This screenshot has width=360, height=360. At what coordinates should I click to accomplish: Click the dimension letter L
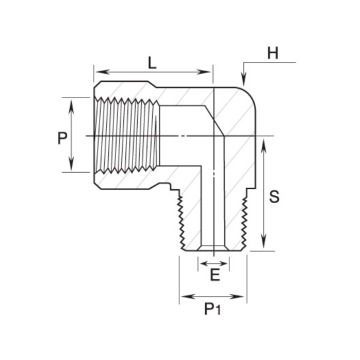pyautogui.click(x=152, y=63)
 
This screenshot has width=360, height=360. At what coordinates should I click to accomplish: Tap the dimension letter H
pyautogui.click(x=272, y=53)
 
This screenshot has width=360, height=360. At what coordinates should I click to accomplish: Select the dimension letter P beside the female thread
pyautogui.click(x=62, y=138)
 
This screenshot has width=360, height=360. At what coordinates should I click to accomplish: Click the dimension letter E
pyautogui.click(x=214, y=276)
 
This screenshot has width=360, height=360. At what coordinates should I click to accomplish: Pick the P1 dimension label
pyautogui.click(x=212, y=310)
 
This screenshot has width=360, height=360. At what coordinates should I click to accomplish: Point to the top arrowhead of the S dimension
pyautogui.click(x=264, y=142)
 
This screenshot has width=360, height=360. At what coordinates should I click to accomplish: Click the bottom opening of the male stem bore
pyautogui.click(x=214, y=249)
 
